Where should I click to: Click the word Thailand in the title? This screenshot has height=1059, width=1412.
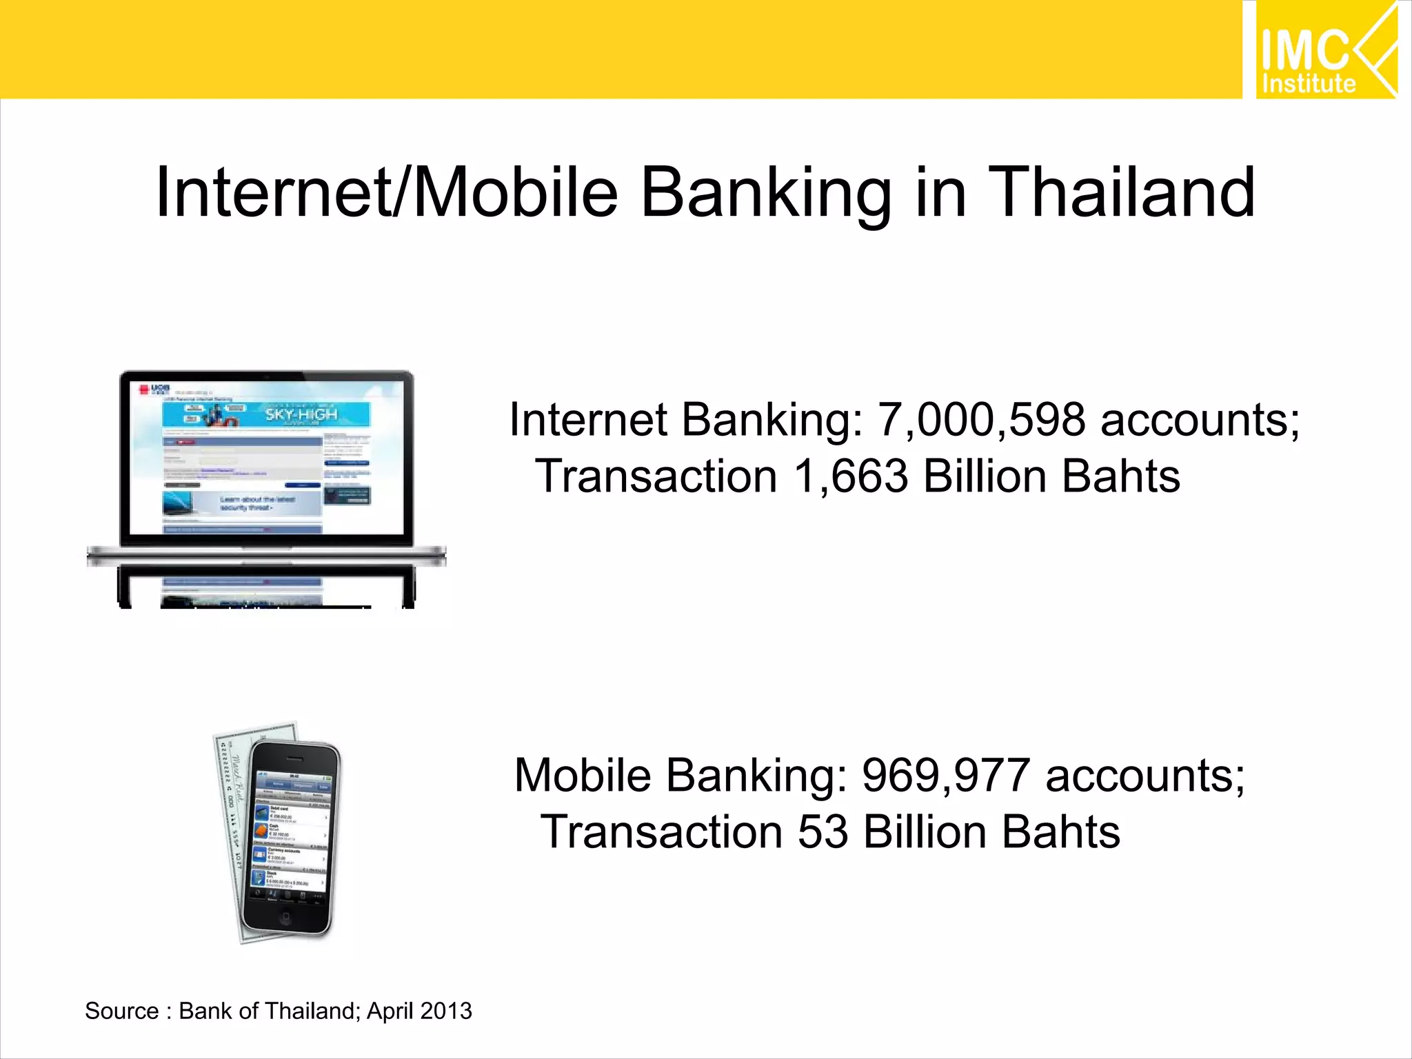tap(1122, 193)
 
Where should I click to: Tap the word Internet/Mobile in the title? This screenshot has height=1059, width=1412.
tap(387, 193)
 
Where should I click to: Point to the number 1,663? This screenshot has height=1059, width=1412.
tap(850, 476)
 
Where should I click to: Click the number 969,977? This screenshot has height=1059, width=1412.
tap(946, 775)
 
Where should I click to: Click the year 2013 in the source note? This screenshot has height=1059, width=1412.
tap(446, 1011)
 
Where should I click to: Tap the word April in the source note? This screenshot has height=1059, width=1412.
tap(390, 1011)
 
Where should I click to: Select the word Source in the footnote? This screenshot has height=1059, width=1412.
tap(121, 1011)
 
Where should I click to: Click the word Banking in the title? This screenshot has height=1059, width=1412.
tap(766, 193)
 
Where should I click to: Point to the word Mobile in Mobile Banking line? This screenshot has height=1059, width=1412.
tap(583, 775)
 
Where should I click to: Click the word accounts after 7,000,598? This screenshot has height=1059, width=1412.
tap(1200, 420)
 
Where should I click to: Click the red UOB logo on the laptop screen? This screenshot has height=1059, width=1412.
tap(145, 390)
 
